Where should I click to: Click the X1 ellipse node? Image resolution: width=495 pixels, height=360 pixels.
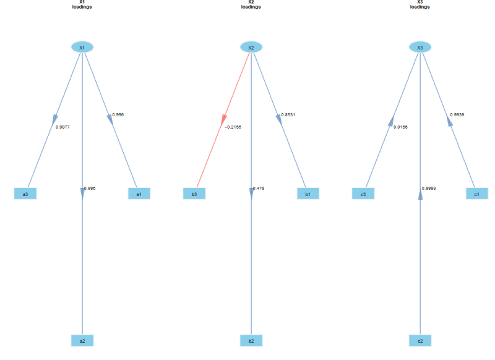coord(82,48)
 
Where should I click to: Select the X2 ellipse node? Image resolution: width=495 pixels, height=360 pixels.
coord(251,48)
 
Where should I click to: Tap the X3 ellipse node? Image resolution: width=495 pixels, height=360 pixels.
coord(420,48)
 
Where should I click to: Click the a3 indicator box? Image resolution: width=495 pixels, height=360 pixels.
coord(25,194)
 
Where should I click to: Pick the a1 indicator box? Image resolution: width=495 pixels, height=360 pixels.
coord(139,194)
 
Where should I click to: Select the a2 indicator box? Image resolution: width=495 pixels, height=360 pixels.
coord(82,341)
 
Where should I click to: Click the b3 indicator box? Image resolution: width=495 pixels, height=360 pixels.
coord(194,194)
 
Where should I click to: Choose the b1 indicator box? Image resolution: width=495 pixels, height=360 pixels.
coord(308,194)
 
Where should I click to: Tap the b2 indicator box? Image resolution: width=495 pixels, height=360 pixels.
coord(251,341)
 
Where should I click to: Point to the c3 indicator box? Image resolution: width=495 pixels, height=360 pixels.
coord(363,194)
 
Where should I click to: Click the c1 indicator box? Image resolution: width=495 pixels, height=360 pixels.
coord(476,194)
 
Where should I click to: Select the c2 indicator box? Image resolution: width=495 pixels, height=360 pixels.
coord(420,341)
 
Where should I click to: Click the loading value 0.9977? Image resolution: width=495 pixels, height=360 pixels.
coord(62,127)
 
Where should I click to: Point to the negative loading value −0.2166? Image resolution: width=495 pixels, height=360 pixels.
coord(233,127)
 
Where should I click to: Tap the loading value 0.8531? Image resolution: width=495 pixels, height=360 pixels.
coord(288,115)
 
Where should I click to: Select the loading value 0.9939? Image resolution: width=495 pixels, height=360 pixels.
coord(457,115)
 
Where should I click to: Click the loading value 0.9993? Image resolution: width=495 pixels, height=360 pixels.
coord(429,189)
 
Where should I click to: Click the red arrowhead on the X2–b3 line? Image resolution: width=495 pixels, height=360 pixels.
coord(224,119)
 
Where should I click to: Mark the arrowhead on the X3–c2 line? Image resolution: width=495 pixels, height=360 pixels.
coord(420,194)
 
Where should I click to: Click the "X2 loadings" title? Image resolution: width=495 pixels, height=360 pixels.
coord(251,4)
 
